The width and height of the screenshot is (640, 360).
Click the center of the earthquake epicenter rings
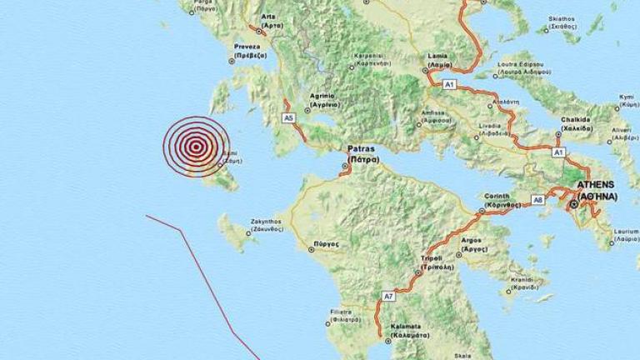point(195,147)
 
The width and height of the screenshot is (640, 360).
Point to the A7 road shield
point(388,296)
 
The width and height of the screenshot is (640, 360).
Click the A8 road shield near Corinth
point(537,200)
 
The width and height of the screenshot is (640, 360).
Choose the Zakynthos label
point(267,224)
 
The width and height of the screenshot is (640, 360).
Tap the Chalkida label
point(575,123)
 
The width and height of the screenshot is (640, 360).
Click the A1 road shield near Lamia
point(450,84)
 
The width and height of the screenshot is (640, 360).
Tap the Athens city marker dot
point(573,204)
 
